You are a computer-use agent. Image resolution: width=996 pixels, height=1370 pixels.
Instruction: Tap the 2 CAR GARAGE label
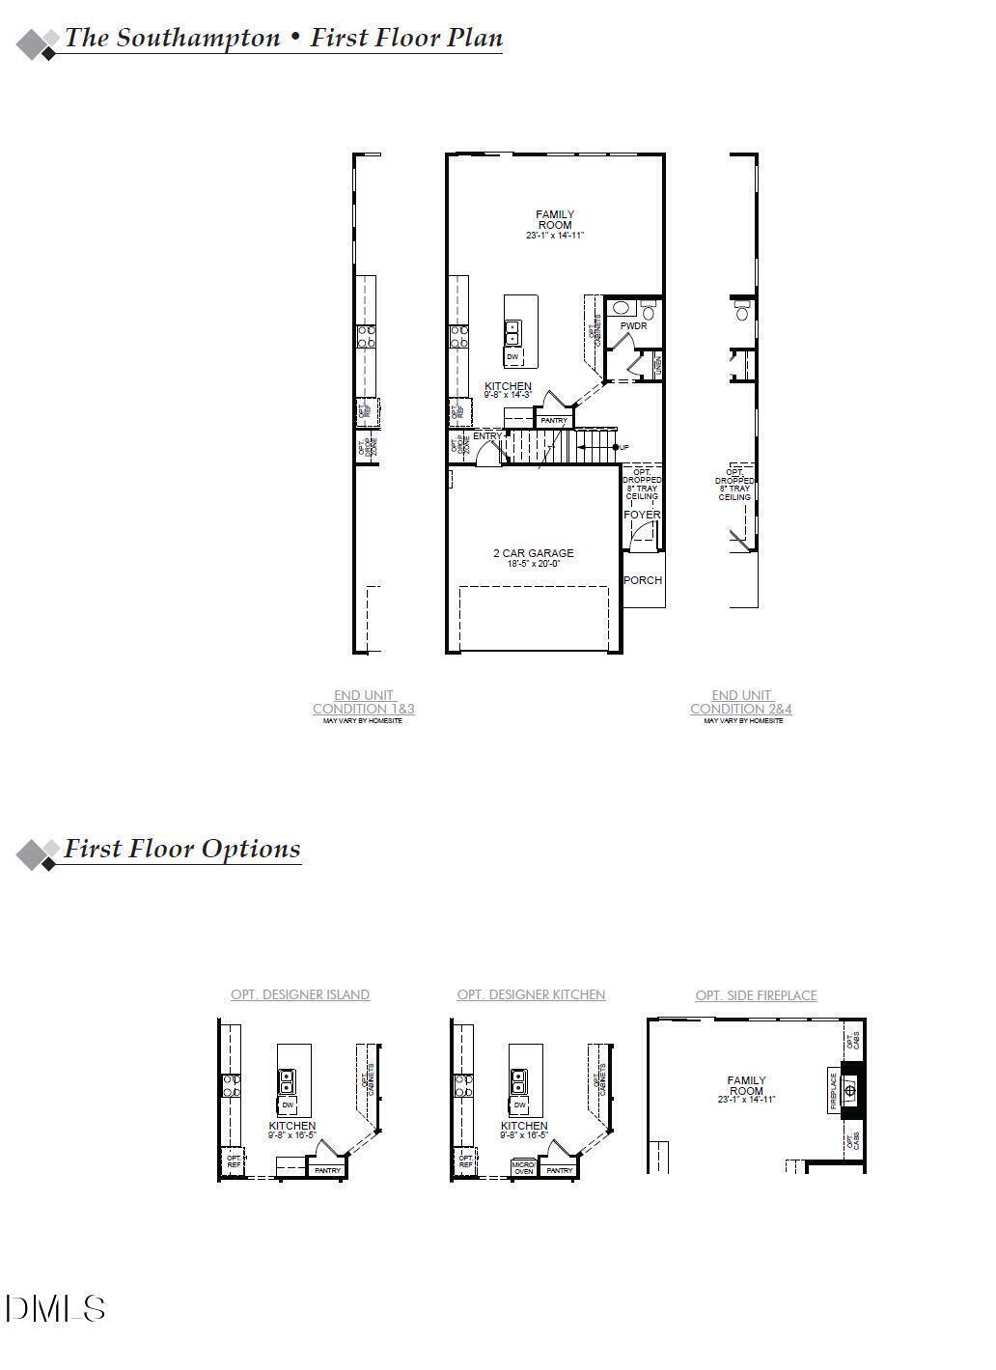pyautogui.click(x=533, y=553)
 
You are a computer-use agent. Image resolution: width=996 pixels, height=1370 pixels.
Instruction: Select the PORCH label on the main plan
pyautogui.click(x=643, y=580)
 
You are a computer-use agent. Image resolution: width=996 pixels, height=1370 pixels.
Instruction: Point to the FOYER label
pyautogui.click(x=642, y=515)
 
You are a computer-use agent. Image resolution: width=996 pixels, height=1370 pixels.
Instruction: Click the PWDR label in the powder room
pyautogui.click(x=633, y=326)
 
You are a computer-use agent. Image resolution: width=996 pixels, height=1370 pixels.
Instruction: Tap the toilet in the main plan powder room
pyautogui.click(x=648, y=310)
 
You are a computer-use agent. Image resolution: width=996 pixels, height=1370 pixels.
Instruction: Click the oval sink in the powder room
pyautogui.click(x=622, y=309)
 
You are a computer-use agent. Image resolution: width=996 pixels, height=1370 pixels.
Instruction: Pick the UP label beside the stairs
pyautogui.click(x=623, y=447)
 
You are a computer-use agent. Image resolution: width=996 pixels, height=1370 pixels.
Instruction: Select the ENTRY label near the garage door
pyautogui.click(x=487, y=436)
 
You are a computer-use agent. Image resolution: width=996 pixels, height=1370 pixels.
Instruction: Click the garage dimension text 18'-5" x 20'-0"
pyautogui.click(x=533, y=564)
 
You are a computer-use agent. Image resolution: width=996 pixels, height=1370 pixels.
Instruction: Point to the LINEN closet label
pyautogui.click(x=657, y=365)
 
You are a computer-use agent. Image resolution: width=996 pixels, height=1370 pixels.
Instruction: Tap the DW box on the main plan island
pyautogui.click(x=512, y=357)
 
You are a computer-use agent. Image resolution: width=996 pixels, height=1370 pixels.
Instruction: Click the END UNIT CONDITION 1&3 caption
pyautogui.click(x=364, y=702)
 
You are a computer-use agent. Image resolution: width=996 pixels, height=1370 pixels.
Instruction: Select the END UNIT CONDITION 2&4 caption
pyautogui.click(x=741, y=702)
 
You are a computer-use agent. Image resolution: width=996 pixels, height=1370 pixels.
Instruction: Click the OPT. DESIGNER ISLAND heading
pyautogui.click(x=299, y=994)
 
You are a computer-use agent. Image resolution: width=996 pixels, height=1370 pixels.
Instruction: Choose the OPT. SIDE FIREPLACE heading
pyautogui.click(x=756, y=995)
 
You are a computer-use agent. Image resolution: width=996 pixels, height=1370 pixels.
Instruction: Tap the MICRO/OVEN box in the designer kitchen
pyautogui.click(x=523, y=1168)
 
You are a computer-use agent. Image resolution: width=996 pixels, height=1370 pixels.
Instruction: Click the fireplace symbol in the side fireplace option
pyautogui.click(x=850, y=1090)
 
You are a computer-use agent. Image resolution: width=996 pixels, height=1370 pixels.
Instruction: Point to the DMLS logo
pyautogui.click(x=55, y=1309)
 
